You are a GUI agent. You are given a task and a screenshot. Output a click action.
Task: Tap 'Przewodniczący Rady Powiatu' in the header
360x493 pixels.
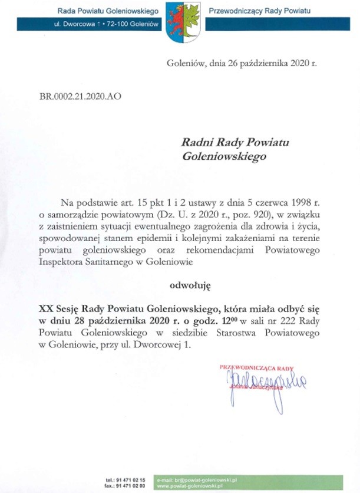point(260,11)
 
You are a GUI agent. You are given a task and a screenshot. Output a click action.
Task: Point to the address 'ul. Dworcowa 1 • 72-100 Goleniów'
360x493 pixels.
point(107,25)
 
